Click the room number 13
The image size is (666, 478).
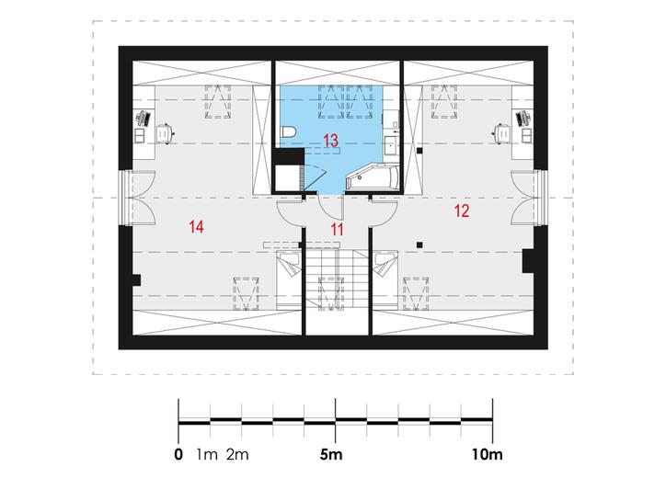tap(330, 141)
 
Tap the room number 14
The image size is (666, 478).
tap(196, 227)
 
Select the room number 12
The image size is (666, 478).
tap(462, 211)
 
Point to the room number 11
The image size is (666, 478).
tap(337, 230)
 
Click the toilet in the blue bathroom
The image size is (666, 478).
tap(289, 132)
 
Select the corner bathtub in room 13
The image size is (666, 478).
tap(373, 178)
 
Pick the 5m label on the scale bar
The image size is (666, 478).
tap(331, 455)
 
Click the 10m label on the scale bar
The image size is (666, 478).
tap(487, 455)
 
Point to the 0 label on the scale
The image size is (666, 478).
tap(178, 455)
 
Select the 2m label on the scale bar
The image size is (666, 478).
tap(237, 455)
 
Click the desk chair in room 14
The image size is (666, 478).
tap(165, 133)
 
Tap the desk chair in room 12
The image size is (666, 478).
tap(501, 133)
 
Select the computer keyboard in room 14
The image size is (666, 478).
tap(143, 119)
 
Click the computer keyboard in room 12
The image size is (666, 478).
tap(523, 119)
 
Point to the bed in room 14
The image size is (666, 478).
tap(289, 279)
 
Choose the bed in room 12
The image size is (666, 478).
tap(385, 279)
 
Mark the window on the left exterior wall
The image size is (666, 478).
tap(125, 198)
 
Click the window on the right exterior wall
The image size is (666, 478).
tap(541, 198)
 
